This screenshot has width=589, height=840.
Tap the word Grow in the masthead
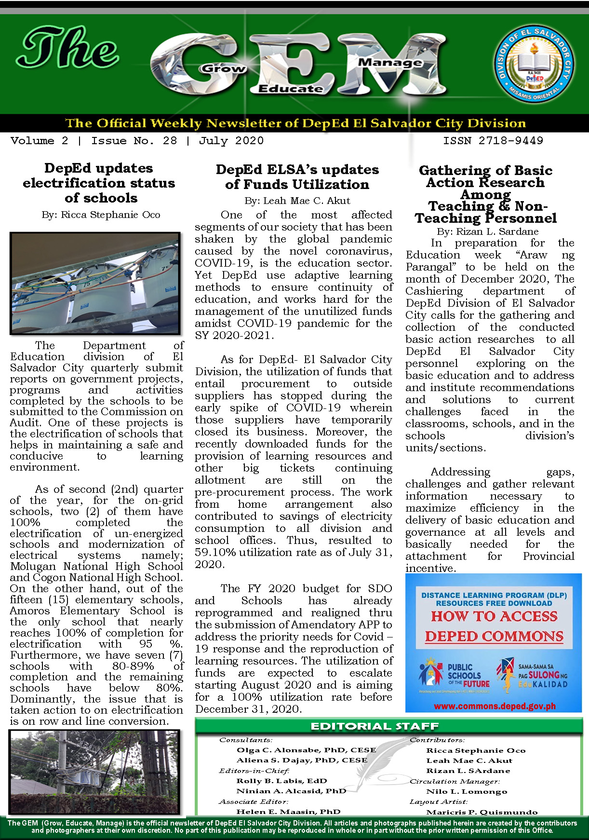pyautogui.click(x=223, y=68)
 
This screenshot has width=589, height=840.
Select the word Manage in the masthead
pyautogui.click(x=390, y=62)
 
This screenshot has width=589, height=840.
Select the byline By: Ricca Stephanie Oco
pyautogui.click(x=101, y=215)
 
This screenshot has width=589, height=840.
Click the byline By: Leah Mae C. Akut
pyautogui.click(x=297, y=201)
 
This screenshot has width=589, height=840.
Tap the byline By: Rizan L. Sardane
pyautogui.click(x=487, y=231)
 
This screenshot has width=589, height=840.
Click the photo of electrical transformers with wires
pyautogui.click(x=95, y=283)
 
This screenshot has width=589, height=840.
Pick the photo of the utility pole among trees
pyautogui.click(x=94, y=772)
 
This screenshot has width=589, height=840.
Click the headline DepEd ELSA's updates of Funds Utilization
pyautogui.click(x=297, y=177)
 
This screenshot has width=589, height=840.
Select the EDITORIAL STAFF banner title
pyautogui.click(x=375, y=726)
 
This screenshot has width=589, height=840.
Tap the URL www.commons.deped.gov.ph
pyautogui.click(x=495, y=706)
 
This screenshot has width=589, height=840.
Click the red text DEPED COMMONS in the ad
pyautogui.click(x=494, y=637)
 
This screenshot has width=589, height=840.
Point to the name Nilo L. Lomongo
pyautogui.click(x=467, y=791)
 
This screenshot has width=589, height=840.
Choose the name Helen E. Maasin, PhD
pyautogui.click(x=288, y=812)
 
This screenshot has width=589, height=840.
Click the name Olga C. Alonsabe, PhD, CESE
pyautogui.click(x=306, y=750)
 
